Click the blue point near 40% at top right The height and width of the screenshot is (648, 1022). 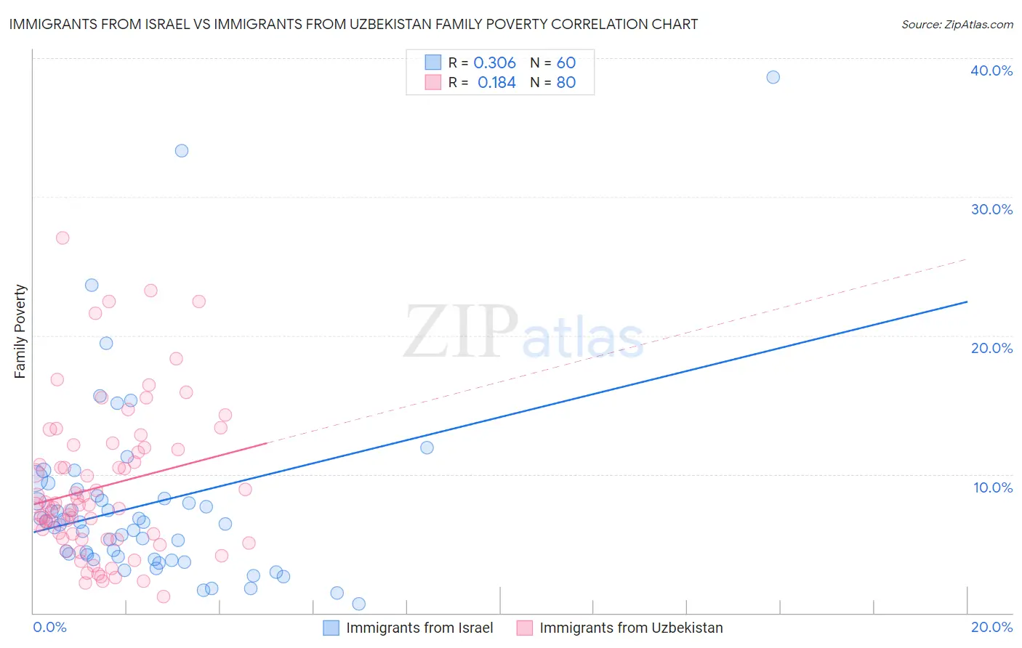point(773,77)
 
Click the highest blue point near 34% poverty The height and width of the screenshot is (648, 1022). point(182,150)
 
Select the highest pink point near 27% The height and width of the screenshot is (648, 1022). point(63,238)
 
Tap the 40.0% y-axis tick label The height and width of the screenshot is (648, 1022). point(991,70)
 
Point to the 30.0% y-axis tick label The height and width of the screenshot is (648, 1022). point(991,209)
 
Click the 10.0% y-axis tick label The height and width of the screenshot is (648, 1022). point(993,487)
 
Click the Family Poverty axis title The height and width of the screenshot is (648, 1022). point(20,331)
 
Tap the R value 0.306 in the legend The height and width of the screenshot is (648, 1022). point(494,63)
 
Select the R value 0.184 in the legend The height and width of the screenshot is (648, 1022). point(496,83)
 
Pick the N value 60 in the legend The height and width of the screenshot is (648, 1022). point(566,63)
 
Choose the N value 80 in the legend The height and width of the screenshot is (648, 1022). point(566,83)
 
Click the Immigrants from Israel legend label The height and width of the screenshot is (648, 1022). point(419,628)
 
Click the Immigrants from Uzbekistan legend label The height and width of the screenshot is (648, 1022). point(631,628)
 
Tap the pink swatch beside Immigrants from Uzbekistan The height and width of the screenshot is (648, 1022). point(524,628)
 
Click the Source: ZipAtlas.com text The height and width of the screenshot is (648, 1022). point(957,25)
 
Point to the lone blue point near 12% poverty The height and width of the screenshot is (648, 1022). point(427,447)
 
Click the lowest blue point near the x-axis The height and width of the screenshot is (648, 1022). point(358,604)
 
